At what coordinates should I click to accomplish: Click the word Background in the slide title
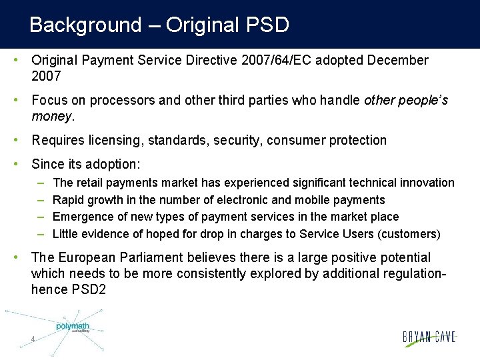pyautogui.click(x=85, y=25)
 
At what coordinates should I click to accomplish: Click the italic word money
pyautogui.click(x=50, y=117)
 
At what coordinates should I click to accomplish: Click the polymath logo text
pyautogui.click(x=73, y=326)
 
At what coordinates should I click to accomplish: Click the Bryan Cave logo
pyautogui.click(x=430, y=337)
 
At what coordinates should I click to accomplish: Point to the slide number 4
pyautogui.click(x=33, y=340)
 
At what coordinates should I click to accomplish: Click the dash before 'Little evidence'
pyautogui.click(x=40, y=234)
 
